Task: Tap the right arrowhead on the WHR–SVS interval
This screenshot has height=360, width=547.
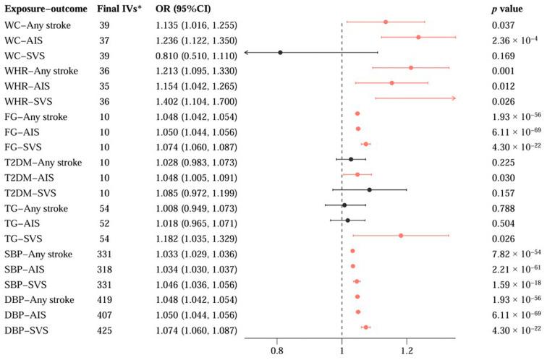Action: click(453, 98)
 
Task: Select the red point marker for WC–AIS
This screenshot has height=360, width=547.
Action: click(418, 37)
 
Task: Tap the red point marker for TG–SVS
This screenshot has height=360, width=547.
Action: click(401, 235)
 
